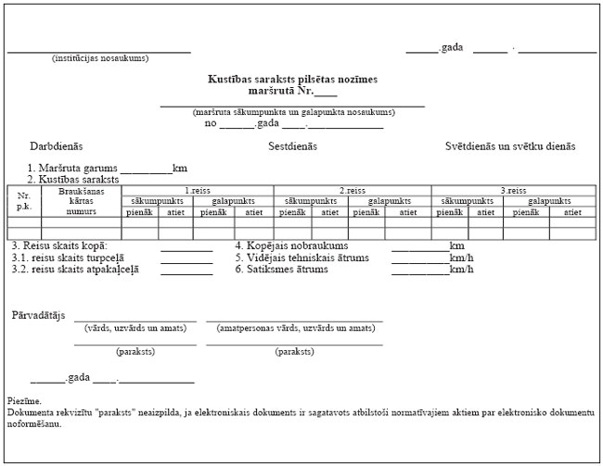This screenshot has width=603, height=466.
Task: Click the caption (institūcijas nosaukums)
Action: tap(99, 58)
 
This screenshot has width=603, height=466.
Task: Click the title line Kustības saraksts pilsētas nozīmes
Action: tap(292, 80)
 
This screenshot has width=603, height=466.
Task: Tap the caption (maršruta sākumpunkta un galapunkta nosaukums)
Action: tap(293, 112)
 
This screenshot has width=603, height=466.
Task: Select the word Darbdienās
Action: tap(57, 146)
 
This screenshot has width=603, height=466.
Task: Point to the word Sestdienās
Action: tap(293, 146)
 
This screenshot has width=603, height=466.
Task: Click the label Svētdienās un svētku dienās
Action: tap(511, 146)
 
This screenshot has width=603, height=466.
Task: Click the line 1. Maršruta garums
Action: tap(73, 168)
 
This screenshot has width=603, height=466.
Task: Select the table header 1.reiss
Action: tap(198, 190)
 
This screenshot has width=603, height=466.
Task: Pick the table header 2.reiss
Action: tap(353, 190)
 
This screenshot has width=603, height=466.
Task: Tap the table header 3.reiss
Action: tap(513, 190)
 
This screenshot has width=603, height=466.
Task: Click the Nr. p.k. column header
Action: tap(24, 201)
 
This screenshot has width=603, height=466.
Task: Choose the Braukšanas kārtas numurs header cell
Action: tap(82, 201)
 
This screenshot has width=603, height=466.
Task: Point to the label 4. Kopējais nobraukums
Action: tap(291, 246)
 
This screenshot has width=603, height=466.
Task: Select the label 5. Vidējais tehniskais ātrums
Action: tap(301, 258)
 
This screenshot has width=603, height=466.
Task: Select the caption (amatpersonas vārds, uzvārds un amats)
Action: tap(294, 328)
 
